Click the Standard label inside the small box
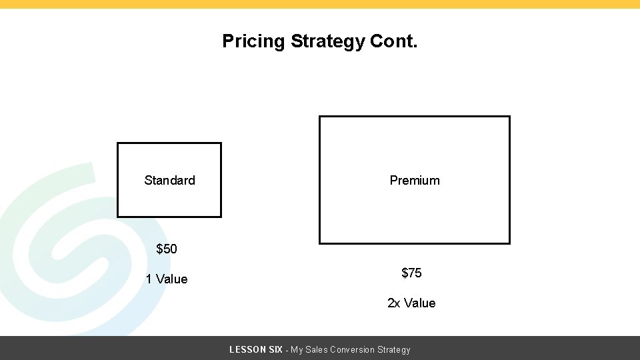point(169,180)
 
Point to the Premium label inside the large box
point(415,180)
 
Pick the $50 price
point(167,249)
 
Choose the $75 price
point(411,273)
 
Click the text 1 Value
point(167,279)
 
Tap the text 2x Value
point(411,303)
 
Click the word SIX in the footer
point(275,349)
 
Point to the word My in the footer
point(297,349)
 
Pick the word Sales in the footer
point(317,349)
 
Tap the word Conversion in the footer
point(352,349)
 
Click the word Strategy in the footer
point(394,349)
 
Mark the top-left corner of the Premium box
point(320,117)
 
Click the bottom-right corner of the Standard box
point(221,217)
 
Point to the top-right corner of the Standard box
point(221,143)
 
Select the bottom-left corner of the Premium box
point(320,243)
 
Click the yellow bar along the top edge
point(320,4)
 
